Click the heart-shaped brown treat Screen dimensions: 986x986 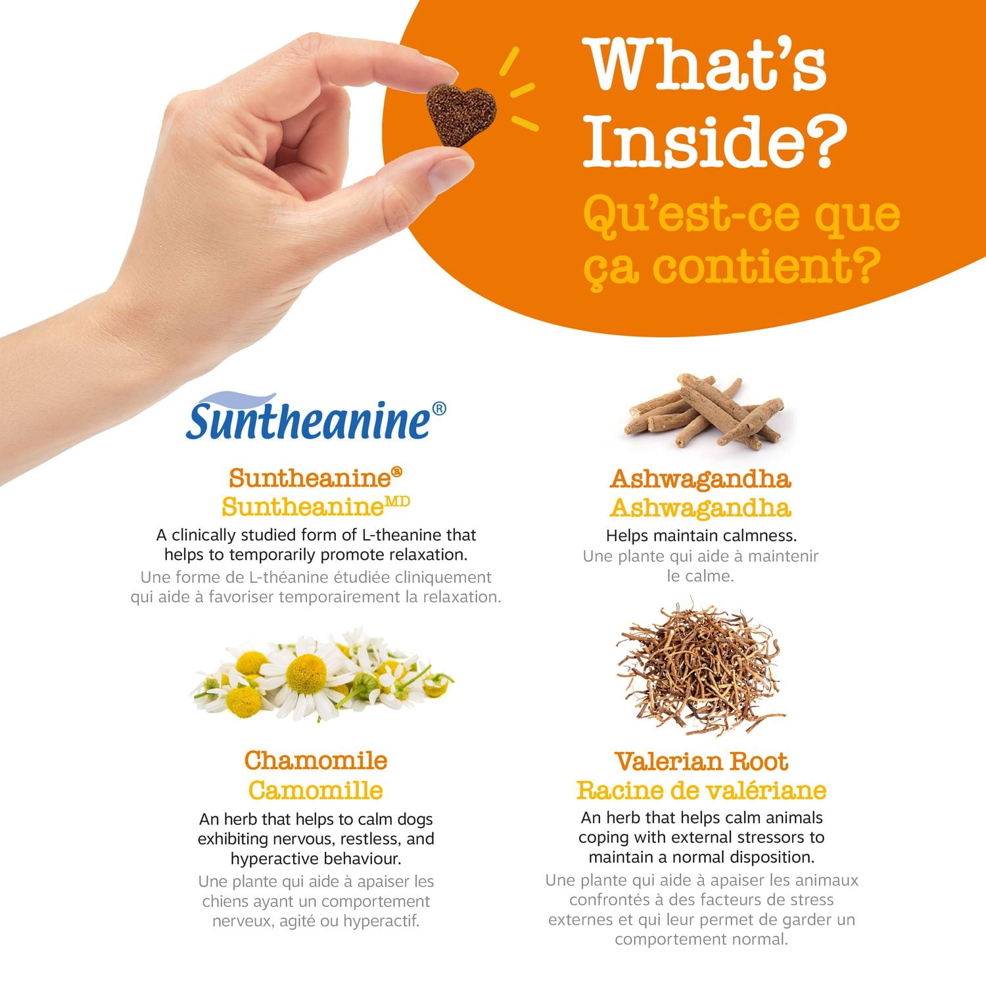point(460,114)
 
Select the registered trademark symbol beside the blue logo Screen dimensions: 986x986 point(439,409)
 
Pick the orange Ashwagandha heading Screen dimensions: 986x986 point(701,479)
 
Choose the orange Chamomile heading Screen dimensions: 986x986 point(316,761)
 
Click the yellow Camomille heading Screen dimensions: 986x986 point(316,790)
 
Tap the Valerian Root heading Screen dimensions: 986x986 point(701,761)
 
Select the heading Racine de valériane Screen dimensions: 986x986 point(701,790)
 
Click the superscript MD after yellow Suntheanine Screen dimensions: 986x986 point(397,502)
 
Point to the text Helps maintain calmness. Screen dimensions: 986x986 point(701,536)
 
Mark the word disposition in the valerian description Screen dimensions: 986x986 point(772,857)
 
